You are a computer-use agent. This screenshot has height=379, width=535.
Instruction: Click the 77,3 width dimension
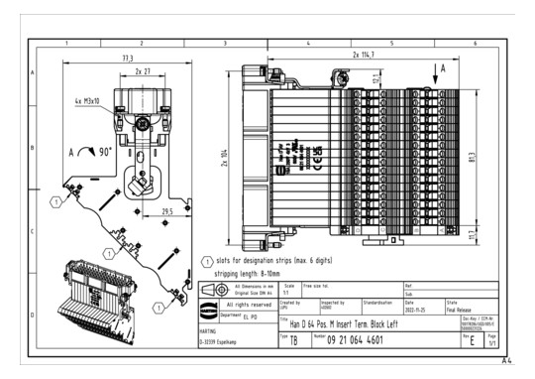(127, 60)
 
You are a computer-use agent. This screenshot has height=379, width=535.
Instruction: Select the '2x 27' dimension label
(142, 72)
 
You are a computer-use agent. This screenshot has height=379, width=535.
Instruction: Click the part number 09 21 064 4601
(372, 339)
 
